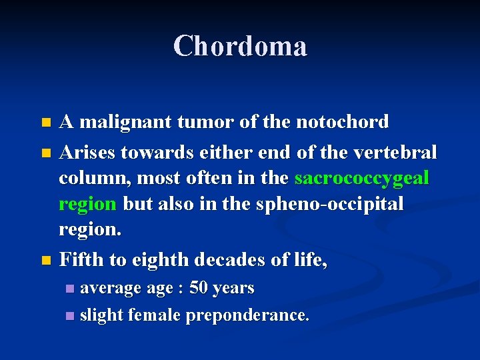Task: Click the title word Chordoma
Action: tap(240, 46)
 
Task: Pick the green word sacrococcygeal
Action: tap(362, 179)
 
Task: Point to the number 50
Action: tap(198, 288)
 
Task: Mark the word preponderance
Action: tap(247, 315)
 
